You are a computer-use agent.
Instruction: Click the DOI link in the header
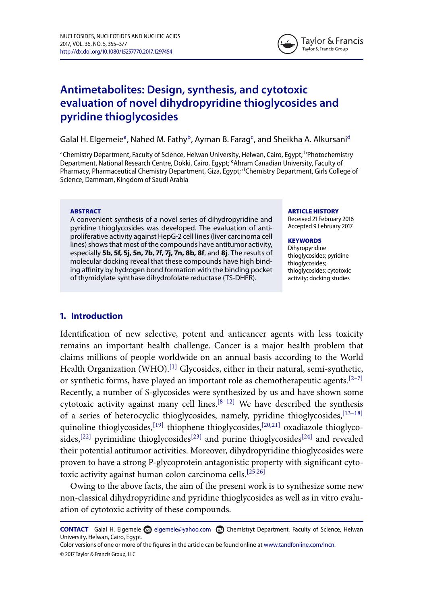(x=116, y=52)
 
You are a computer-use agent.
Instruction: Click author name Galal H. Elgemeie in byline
(x=92, y=140)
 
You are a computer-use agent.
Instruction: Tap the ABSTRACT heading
(x=85, y=211)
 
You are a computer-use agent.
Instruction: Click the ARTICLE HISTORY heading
(x=313, y=211)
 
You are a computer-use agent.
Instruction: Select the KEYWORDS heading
(x=304, y=240)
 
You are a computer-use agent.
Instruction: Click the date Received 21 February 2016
(x=321, y=219)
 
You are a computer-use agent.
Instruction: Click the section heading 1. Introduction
(x=91, y=316)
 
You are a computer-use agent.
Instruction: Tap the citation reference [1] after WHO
(x=173, y=367)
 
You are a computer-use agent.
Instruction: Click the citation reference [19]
(x=158, y=425)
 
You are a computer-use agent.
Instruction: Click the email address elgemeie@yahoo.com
(x=182, y=530)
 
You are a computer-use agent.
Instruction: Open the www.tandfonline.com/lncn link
(x=299, y=545)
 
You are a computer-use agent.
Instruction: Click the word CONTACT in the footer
(x=74, y=530)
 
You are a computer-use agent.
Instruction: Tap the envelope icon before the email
(x=147, y=530)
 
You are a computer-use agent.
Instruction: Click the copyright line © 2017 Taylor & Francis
(x=98, y=554)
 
